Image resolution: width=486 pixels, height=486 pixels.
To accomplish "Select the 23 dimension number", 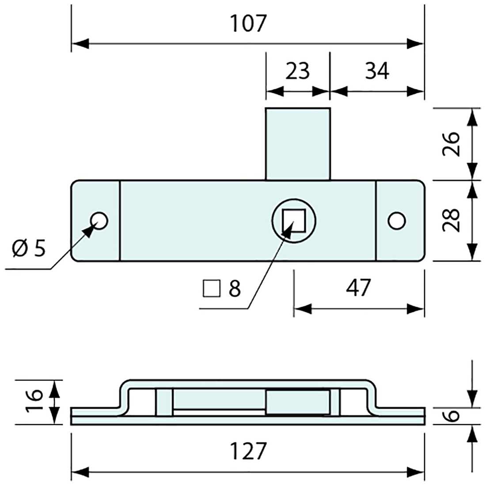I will [297, 71].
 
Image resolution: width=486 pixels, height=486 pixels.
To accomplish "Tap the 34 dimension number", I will [377, 71].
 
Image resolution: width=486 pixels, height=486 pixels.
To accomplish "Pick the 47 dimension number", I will [358, 288].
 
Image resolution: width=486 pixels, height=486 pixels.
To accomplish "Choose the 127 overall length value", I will [248, 452].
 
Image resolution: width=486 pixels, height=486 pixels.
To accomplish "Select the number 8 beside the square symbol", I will [234, 289].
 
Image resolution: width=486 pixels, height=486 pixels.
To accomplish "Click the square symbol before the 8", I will [211, 289].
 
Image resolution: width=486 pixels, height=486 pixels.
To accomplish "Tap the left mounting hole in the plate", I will [99, 220].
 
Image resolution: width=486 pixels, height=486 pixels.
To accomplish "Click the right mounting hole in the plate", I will [397, 220].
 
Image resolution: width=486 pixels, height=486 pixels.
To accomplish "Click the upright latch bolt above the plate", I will [297, 144].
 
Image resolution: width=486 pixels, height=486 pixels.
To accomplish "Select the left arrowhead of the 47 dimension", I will [303, 309].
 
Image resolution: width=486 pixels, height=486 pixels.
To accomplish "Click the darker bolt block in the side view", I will [297, 402].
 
